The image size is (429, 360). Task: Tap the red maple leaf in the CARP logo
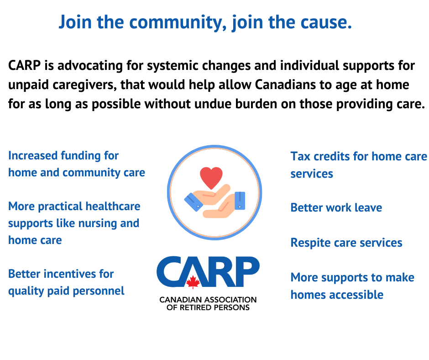click(x=193, y=282)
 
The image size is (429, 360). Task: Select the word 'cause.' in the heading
click(x=326, y=22)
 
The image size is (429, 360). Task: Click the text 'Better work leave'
click(x=336, y=208)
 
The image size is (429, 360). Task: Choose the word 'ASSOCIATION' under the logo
click(x=230, y=300)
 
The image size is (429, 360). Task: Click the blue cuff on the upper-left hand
click(x=193, y=202)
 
